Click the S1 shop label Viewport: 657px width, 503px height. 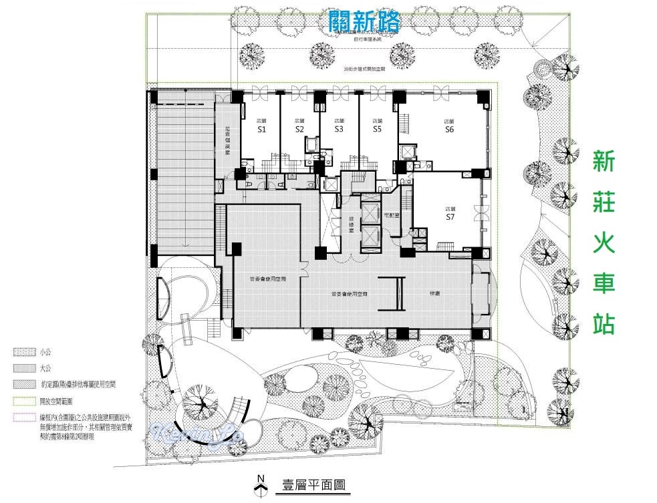(262, 130)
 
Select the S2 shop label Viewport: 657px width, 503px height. (299, 130)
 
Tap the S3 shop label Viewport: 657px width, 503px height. (339, 129)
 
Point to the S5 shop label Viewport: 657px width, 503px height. (378, 129)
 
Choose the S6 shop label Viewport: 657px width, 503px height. (449, 130)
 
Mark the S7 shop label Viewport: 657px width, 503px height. (450, 217)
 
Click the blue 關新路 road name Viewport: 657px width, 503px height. (365, 22)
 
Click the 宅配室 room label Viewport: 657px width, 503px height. (392, 214)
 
